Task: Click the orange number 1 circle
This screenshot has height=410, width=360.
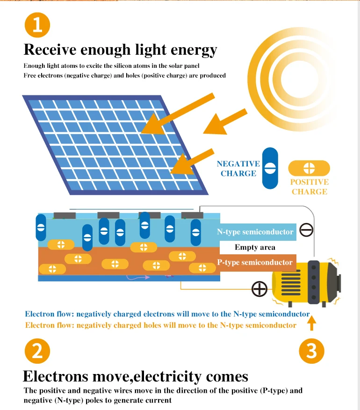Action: point(37,24)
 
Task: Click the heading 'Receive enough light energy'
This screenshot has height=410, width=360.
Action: point(120,50)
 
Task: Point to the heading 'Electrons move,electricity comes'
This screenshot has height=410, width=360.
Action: point(136,376)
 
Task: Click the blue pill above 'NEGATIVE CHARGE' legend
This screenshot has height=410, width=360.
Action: point(270,168)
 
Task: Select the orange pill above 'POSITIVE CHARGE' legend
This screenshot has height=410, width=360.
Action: point(309,168)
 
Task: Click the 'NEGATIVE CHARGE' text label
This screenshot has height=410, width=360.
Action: point(238,169)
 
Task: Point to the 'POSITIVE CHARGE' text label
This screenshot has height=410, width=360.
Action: point(309,187)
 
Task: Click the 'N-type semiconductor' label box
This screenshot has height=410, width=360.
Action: point(256,232)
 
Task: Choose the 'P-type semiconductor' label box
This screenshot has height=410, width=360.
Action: point(256,262)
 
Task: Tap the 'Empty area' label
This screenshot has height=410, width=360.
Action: point(255,247)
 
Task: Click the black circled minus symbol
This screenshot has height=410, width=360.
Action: point(306,230)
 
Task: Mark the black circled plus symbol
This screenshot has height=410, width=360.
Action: point(259,289)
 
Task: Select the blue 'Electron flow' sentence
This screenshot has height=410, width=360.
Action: point(167,314)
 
